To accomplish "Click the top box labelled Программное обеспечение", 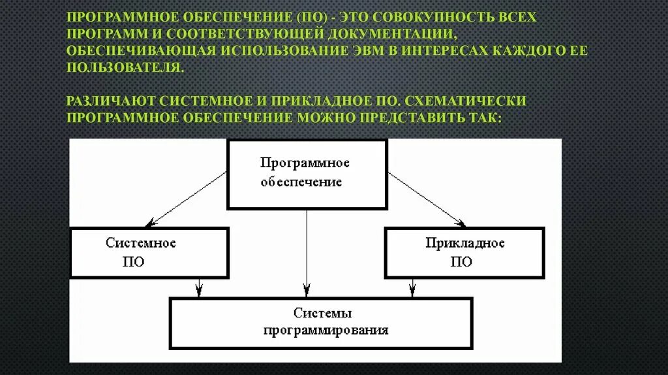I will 307,174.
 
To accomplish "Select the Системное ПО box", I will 149,252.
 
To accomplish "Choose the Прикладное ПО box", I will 464,252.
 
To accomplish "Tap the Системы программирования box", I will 321,323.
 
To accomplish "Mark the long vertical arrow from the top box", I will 307,252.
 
